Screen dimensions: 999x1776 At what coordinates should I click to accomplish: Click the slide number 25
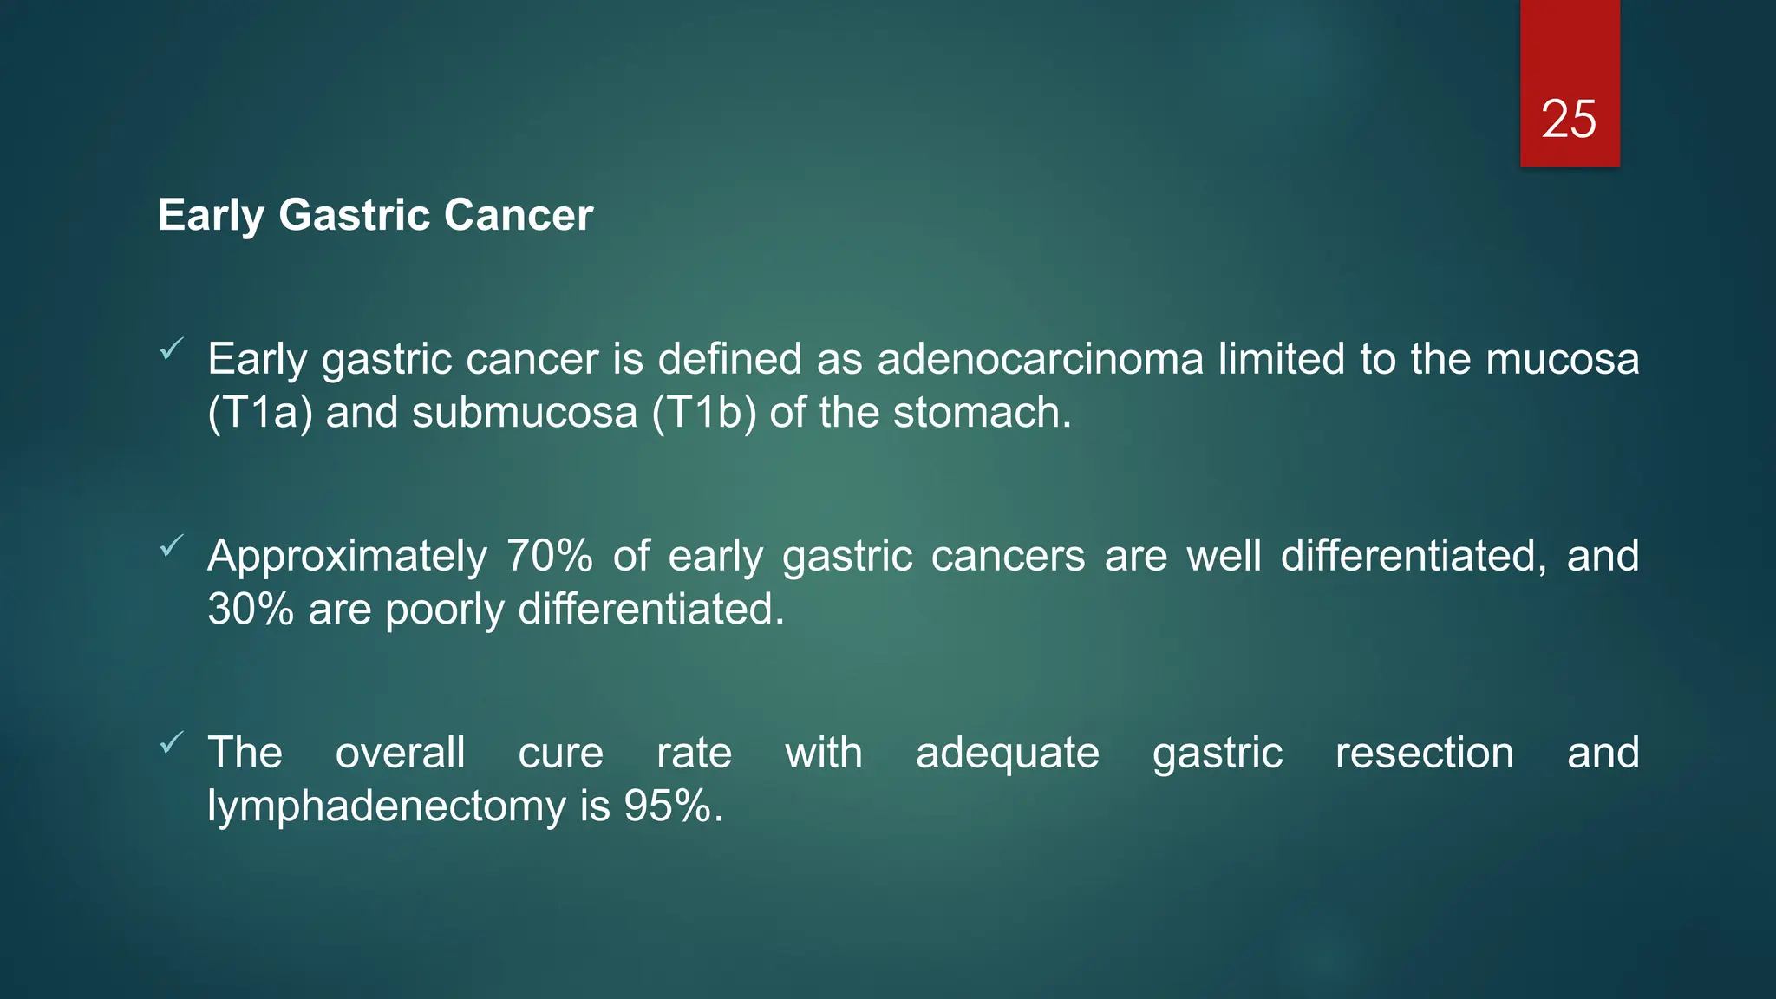click(1569, 119)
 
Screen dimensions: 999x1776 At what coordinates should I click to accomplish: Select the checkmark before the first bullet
click(172, 349)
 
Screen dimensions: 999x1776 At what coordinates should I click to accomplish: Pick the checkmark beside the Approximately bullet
click(172, 545)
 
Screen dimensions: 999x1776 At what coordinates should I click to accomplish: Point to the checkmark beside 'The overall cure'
click(172, 742)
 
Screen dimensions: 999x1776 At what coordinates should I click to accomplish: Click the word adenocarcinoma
click(1040, 359)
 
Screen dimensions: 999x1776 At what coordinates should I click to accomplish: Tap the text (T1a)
click(259, 413)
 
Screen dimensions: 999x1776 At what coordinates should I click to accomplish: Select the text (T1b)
click(703, 413)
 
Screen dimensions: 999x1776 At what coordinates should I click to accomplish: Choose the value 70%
click(549, 556)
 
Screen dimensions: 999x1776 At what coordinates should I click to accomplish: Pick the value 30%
click(251, 610)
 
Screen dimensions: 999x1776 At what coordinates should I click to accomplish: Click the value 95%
click(672, 806)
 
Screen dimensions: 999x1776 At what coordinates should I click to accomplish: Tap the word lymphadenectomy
click(386, 806)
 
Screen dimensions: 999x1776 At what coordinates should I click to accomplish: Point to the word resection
click(1424, 753)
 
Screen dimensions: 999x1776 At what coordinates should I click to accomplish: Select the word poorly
click(444, 610)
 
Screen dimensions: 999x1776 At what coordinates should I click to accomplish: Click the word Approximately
click(347, 556)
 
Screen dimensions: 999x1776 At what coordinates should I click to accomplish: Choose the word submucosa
click(524, 413)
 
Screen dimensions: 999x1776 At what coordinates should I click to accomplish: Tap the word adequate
click(1007, 753)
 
